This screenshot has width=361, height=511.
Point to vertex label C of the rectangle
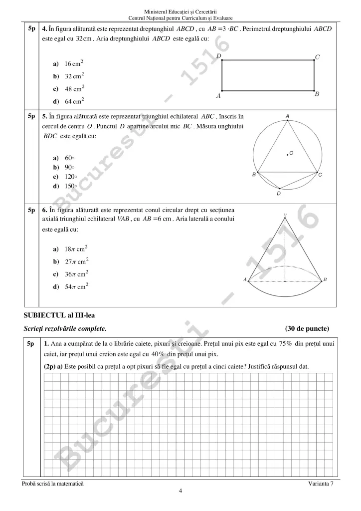point(317,57)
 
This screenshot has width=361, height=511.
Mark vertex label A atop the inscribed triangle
point(288,116)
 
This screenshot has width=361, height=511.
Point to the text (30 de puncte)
point(307,328)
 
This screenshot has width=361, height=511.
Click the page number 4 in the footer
point(180,491)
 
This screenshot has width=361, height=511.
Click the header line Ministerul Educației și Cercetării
point(180,11)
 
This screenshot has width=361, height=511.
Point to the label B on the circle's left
point(254,175)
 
